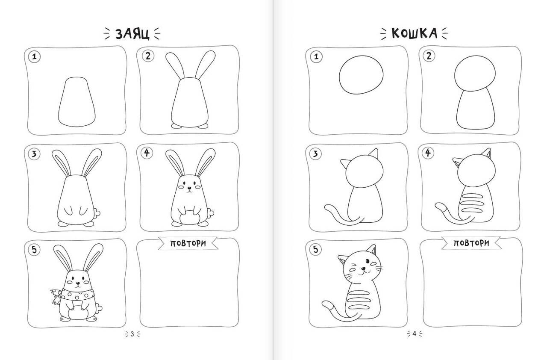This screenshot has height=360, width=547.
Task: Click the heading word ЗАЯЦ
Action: [132, 34]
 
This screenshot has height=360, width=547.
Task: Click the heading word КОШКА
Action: [414, 33]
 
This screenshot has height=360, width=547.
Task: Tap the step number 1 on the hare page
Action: [35, 57]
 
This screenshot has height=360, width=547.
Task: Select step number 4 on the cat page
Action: [428, 153]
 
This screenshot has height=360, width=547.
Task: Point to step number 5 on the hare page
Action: [34, 250]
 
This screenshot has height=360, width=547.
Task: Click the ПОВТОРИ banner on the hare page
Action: [188, 243]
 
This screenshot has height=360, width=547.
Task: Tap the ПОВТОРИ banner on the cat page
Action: [471, 243]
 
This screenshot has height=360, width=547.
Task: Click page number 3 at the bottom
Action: [132, 334]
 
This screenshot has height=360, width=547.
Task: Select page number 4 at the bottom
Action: [414, 333]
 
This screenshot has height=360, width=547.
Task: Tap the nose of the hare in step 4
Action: [189, 188]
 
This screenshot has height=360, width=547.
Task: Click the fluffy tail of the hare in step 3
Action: [97, 213]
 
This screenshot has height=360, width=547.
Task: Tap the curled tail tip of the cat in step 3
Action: [327, 208]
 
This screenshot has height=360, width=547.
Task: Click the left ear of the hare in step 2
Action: [174, 65]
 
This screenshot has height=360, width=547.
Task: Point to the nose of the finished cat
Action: [363, 269]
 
